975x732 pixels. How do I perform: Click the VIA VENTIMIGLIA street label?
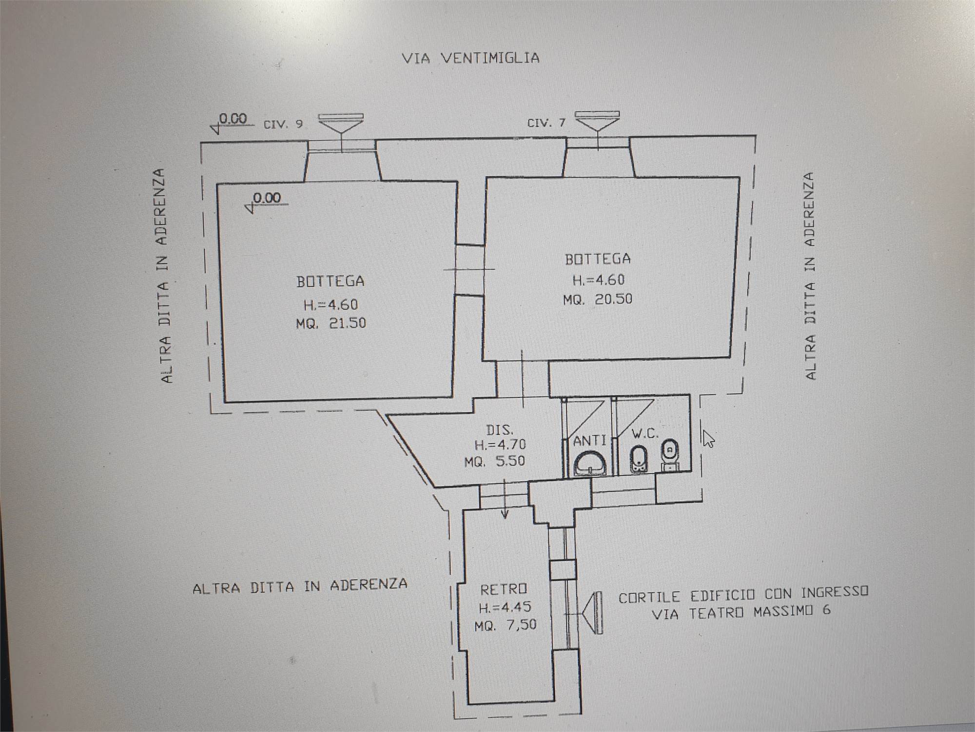(x=470, y=58)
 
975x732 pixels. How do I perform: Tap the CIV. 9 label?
(x=283, y=124)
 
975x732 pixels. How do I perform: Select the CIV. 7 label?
(x=546, y=122)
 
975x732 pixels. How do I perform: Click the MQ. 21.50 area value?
(x=331, y=323)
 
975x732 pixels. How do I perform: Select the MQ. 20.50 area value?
(x=598, y=299)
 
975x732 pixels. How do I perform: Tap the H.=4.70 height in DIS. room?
(x=500, y=445)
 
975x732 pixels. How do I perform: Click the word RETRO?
(x=504, y=590)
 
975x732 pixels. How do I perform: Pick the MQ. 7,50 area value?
(x=506, y=625)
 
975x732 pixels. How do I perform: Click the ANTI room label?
(x=589, y=441)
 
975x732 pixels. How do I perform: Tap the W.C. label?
(x=644, y=433)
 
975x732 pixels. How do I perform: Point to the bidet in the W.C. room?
(x=639, y=459)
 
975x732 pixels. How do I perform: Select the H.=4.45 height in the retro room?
(x=505, y=607)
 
